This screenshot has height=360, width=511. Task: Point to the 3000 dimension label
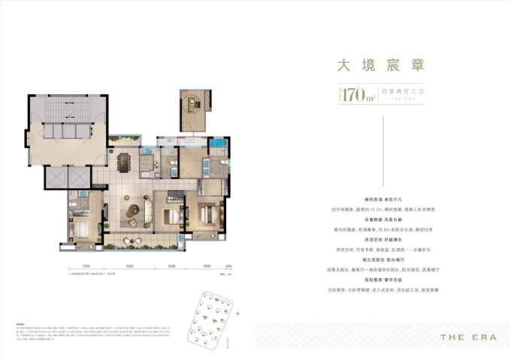(x=171, y=265)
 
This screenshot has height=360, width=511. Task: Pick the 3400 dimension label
(x=206, y=265)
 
